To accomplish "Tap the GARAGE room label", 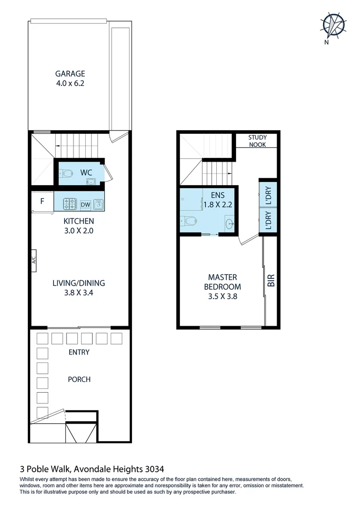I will tap(70, 74).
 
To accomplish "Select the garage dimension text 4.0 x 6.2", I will tap(70, 83).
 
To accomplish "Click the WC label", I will tap(86, 172).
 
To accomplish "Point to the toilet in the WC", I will tap(66, 173).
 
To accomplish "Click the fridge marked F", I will tap(42, 201).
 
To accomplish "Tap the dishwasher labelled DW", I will tap(85, 205).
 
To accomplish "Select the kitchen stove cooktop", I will tap(70, 204).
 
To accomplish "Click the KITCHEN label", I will tap(79, 221).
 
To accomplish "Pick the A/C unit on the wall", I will tap(34, 261).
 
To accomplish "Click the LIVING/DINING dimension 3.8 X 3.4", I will tap(78, 293).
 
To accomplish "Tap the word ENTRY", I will tap(79, 352).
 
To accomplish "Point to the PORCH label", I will tap(79, 379).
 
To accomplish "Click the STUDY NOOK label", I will tap(257, 141).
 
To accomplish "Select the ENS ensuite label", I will tap(218, 195).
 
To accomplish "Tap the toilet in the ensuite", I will tap(189, 221).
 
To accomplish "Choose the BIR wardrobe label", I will tap(271, 281).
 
